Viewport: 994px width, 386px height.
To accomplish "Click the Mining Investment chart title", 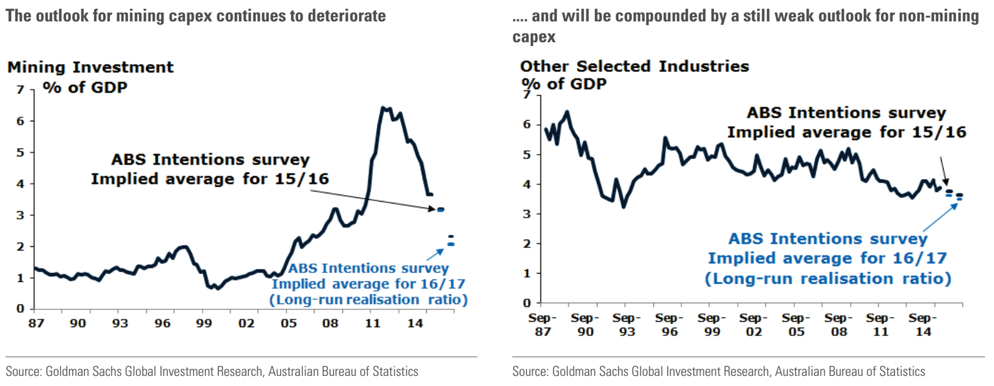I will tap(90, 67).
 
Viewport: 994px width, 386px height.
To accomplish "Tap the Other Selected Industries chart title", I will tap(634, 66).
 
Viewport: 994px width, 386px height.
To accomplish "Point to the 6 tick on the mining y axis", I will tap(21, 121).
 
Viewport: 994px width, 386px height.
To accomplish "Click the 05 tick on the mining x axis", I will tap(288, 323).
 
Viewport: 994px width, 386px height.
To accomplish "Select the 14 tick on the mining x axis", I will tap(415, 323).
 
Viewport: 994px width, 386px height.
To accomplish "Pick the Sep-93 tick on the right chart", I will tap(627, 325).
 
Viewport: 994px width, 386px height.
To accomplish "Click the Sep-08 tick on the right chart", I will tap(838, 325).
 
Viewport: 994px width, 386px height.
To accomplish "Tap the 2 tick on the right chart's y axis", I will tap(527, 244).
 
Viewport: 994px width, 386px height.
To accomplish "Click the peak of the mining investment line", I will tap(383, 108).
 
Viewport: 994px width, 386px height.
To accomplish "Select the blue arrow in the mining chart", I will tap(435, 255).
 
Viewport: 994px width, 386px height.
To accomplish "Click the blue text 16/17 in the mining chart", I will tap(443, 284).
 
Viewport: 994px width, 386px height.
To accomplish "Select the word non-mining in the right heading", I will tap(940, 16).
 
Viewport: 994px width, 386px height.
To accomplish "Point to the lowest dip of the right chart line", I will tap(623, 206).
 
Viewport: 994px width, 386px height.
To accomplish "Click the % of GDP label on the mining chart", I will tap(85, 87).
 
